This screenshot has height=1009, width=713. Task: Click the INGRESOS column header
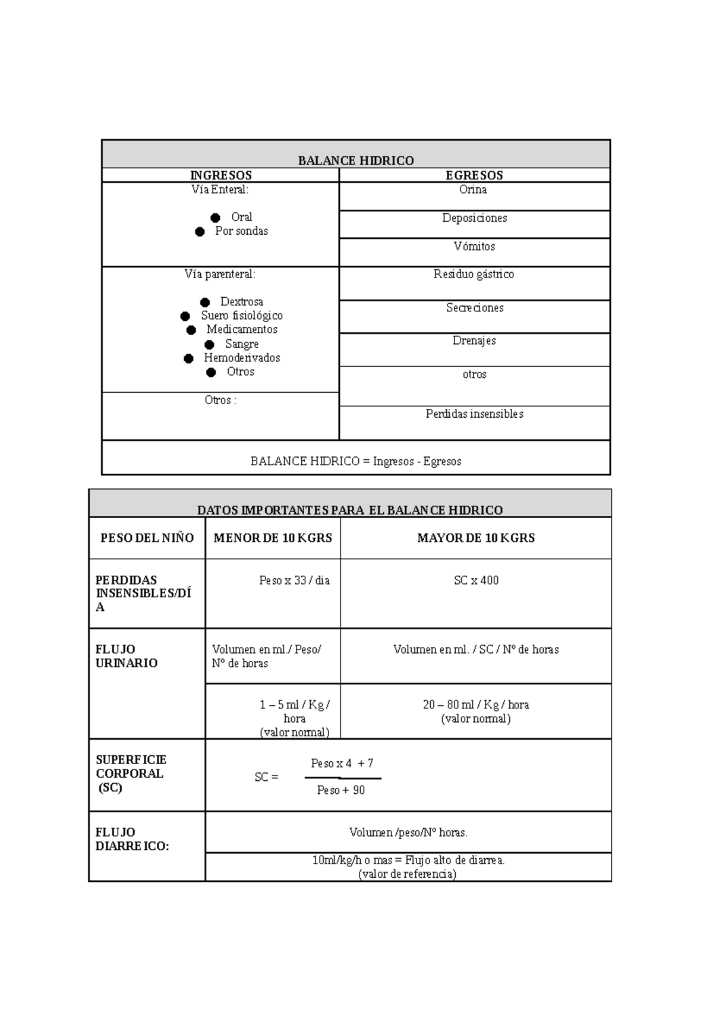click(220, 175)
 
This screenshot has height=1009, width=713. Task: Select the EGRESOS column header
click(474, 175)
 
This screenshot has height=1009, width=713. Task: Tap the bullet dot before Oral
click(215, 218)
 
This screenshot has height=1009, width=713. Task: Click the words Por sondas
click(241, 231)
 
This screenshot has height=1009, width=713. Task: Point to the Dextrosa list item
click(241, 302)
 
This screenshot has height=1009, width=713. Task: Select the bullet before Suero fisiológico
click(185, 316)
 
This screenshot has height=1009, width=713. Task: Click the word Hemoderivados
click(242, 358)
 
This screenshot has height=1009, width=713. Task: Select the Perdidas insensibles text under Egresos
click(474, 414)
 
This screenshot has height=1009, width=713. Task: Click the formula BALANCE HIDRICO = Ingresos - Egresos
click(356, 462)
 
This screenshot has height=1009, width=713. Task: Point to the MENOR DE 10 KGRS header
click(273, 538)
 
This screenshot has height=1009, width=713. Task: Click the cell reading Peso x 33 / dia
click(294, 581)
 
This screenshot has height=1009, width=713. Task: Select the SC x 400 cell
click(476, 581)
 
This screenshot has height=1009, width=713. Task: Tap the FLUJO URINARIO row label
click(127, 656)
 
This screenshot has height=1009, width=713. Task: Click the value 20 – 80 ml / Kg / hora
click(476, 705)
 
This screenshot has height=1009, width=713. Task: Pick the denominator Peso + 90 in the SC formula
click(341, 790)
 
